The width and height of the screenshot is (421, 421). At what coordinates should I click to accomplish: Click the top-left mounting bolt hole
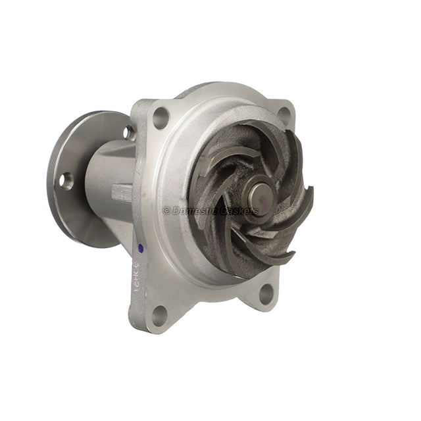coord(161,118)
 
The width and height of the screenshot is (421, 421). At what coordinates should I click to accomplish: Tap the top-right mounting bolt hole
coord(284,113)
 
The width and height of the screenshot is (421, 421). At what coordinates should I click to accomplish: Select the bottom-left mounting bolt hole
coord(159,315)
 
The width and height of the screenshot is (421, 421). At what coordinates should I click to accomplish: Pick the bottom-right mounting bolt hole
coord(266,293)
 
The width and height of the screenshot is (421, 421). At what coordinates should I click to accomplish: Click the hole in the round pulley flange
coord(67,181)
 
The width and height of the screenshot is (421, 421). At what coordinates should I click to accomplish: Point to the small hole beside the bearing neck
coord(128,133)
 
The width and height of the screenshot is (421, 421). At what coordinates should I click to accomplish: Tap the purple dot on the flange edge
coord(140,249)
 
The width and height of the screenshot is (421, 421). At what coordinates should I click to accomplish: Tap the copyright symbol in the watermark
coord(166,210)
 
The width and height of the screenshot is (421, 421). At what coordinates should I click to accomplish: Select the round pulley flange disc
coord(76,178)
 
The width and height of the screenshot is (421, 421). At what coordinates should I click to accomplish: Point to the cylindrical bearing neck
coord(109,178)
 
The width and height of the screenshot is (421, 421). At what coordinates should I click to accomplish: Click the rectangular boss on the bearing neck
coord(122,193)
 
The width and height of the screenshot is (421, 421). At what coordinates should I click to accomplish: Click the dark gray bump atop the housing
coord(197,89)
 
